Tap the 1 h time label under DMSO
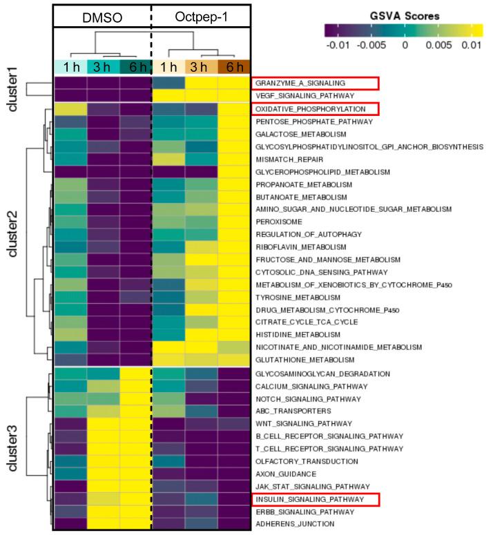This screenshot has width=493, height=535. pos(70,67)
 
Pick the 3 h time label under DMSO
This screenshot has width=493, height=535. pos(103,67)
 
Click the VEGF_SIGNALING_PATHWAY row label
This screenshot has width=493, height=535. pos(298,95)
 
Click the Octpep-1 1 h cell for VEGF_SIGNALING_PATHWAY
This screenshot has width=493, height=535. pos(169,95)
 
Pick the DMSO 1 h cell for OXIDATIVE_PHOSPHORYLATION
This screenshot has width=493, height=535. pos(70,108)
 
